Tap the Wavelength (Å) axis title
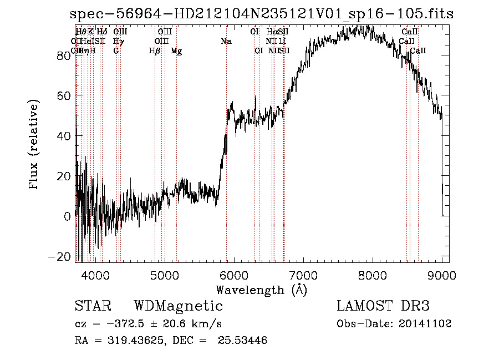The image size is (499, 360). click(261, 290)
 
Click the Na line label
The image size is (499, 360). click(226, 42)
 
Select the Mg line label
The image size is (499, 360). click(176, 51)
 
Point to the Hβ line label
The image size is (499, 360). click(155, 51)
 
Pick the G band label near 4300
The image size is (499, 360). click(116, 51)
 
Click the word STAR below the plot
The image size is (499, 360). click(92, 306)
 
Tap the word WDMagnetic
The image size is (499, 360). click(178, 306)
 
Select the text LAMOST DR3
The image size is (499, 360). click(383, 306)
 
